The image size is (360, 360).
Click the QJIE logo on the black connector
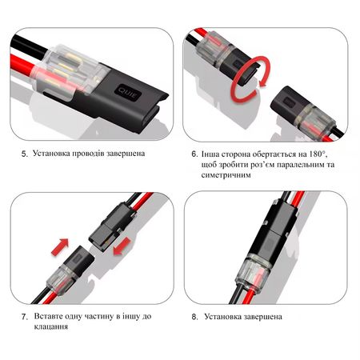click(x=128, y=93)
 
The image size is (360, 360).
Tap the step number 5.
click(x=25, y=154)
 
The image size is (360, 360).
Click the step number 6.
click(x=194, y=154)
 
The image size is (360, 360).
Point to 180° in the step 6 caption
click(x=318, y=154)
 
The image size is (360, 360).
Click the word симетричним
click(x=226, y=175)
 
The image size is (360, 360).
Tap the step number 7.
click(x=25, y=317)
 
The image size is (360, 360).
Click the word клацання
click(x=51, y=326)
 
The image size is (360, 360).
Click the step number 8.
click(x=194, y=317)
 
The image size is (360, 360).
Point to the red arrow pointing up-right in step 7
click(x=60, y=247)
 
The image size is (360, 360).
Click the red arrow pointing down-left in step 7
click(x=122, y=246)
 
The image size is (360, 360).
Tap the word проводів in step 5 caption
click(x=88, y=154)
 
